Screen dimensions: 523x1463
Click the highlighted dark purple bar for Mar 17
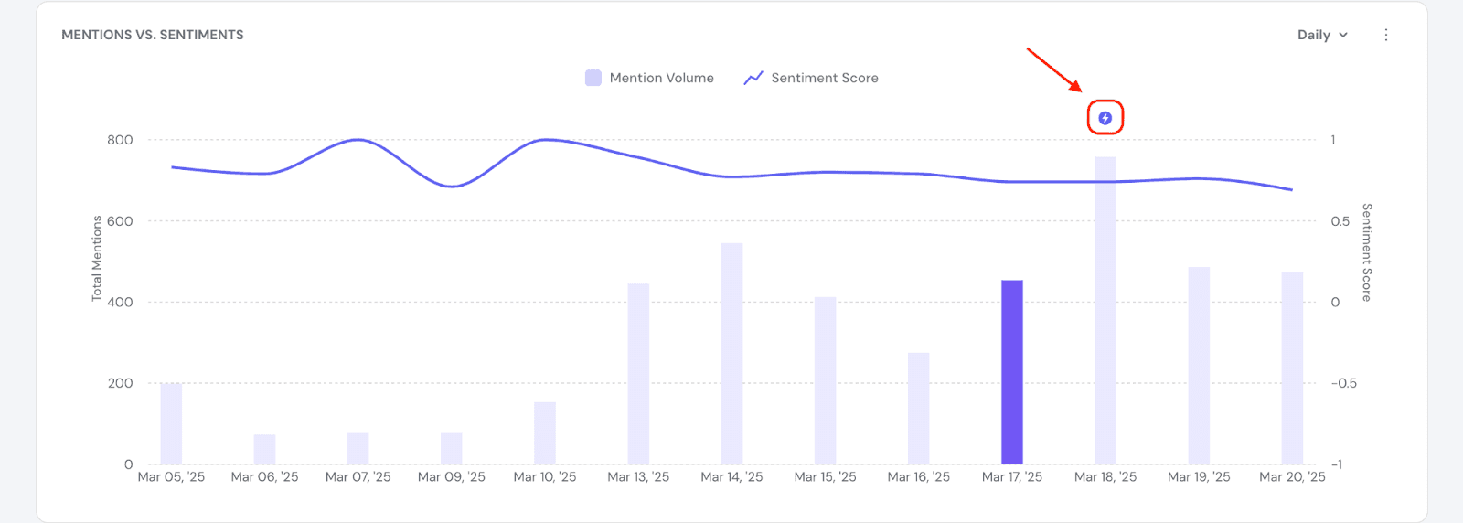pos(1011,372)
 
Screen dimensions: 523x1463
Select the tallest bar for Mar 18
pos(1105,311)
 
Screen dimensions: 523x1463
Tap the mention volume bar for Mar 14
pos(731,354)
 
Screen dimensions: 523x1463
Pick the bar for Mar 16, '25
pos(918,409)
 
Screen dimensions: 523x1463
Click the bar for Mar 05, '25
pos(171,424)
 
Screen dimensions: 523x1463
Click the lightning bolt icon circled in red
pos(1105,118)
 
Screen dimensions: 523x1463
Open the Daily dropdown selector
pos(1322,35)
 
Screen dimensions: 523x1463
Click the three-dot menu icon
pos(1386,35)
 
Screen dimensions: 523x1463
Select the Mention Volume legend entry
pos(650,78)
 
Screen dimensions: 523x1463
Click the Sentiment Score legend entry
pos(812,78)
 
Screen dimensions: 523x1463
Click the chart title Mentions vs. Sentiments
pos(153,35)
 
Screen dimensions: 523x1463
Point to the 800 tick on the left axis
pos(120,140)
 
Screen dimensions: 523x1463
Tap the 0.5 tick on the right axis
pos(1340,221)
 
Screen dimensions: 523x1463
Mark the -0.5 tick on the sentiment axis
pos(1343,383)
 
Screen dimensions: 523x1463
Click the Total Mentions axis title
pos(97,259)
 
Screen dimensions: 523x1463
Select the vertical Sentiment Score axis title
pos(1366,252)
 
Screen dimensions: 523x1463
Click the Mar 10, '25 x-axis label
pos(545,477)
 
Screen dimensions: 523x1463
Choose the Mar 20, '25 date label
pos(1292,477)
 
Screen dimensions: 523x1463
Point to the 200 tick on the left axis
pos(120,383)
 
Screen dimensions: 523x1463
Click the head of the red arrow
pos(1081,91)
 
